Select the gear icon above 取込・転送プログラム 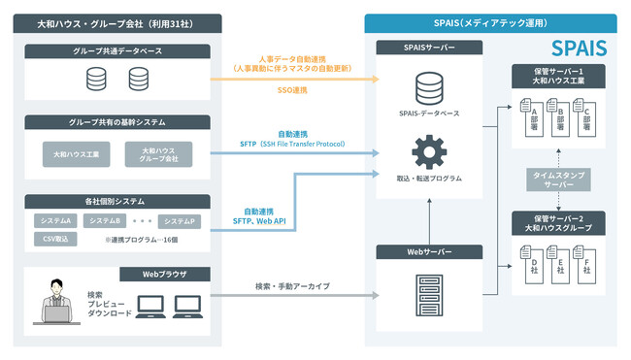point(429,153)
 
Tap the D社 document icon point(530,265)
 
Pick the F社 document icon point(586,265)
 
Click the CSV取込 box point(55,238)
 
